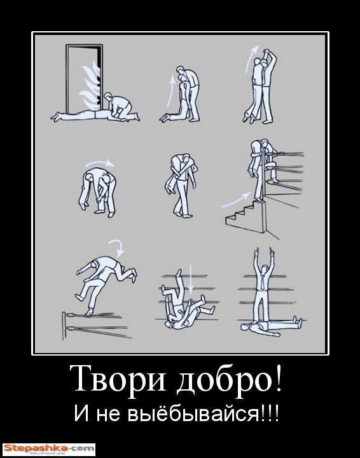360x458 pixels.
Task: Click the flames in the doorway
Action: point(91,85)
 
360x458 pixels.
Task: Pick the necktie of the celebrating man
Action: point(264,281)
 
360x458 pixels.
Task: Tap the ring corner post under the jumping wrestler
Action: point(64,326)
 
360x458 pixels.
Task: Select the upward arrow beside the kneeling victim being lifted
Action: point(170,90)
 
